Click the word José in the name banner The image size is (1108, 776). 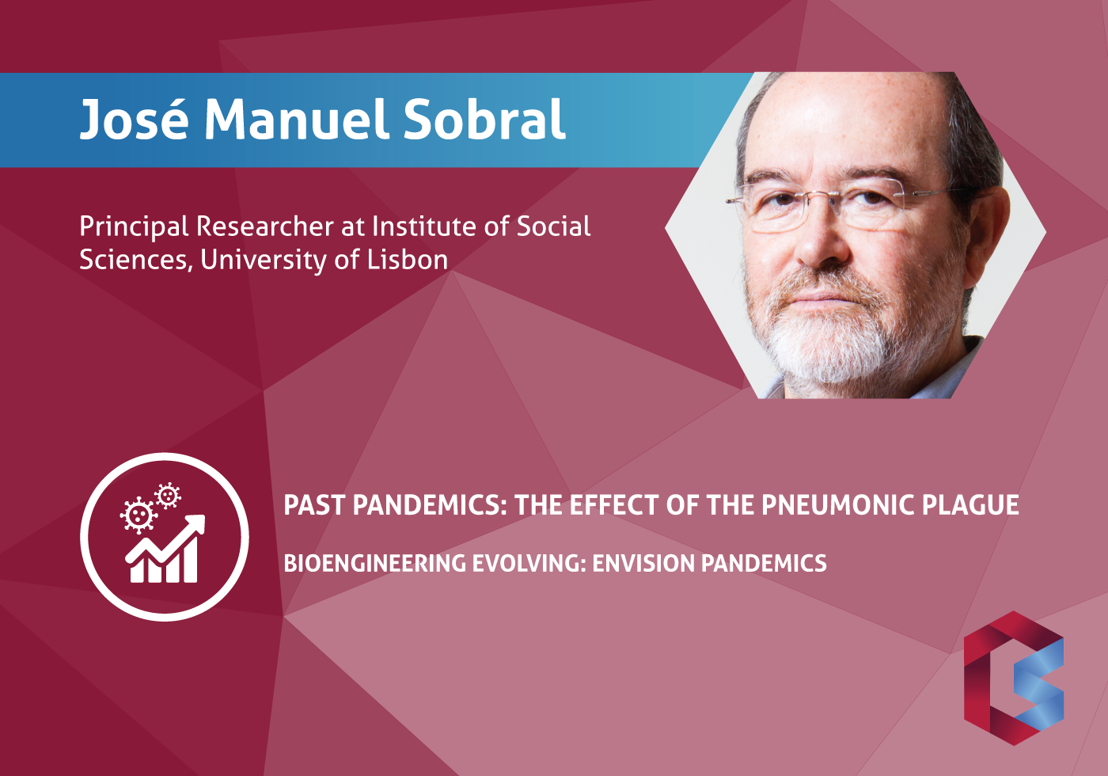(x=135, y=119)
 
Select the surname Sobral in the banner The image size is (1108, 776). (x=484, y=119)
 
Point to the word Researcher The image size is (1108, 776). (x=265, y=226)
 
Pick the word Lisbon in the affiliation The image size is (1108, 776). (x=407, y=260)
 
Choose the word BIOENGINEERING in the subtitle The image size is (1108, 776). (x=374, y=564)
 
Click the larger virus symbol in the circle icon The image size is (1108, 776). (x=138, y=515)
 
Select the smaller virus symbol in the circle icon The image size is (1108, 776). (x=168, y=496)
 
